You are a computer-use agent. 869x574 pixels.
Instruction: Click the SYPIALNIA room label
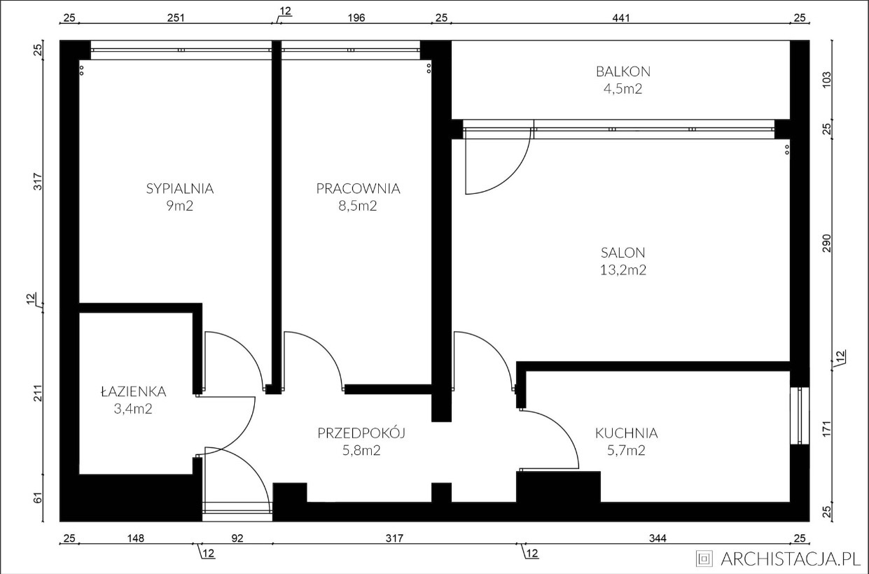tap(179, 188)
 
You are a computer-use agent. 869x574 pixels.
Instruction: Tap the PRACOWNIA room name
tap(358, 188)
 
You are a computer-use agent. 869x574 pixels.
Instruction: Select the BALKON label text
tap(623, 71)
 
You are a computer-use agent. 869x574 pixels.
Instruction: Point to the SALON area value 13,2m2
tap(623, 270)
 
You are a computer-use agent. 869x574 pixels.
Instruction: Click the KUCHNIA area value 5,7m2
tap(627, 451)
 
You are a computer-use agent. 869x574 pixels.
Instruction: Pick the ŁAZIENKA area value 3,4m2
tap(132, 409)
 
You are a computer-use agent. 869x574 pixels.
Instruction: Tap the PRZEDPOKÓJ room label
tap(361, 433)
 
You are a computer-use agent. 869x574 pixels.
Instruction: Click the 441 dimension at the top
tap(622, 18)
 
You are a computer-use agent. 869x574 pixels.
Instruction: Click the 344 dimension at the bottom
tap(658, 538)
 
